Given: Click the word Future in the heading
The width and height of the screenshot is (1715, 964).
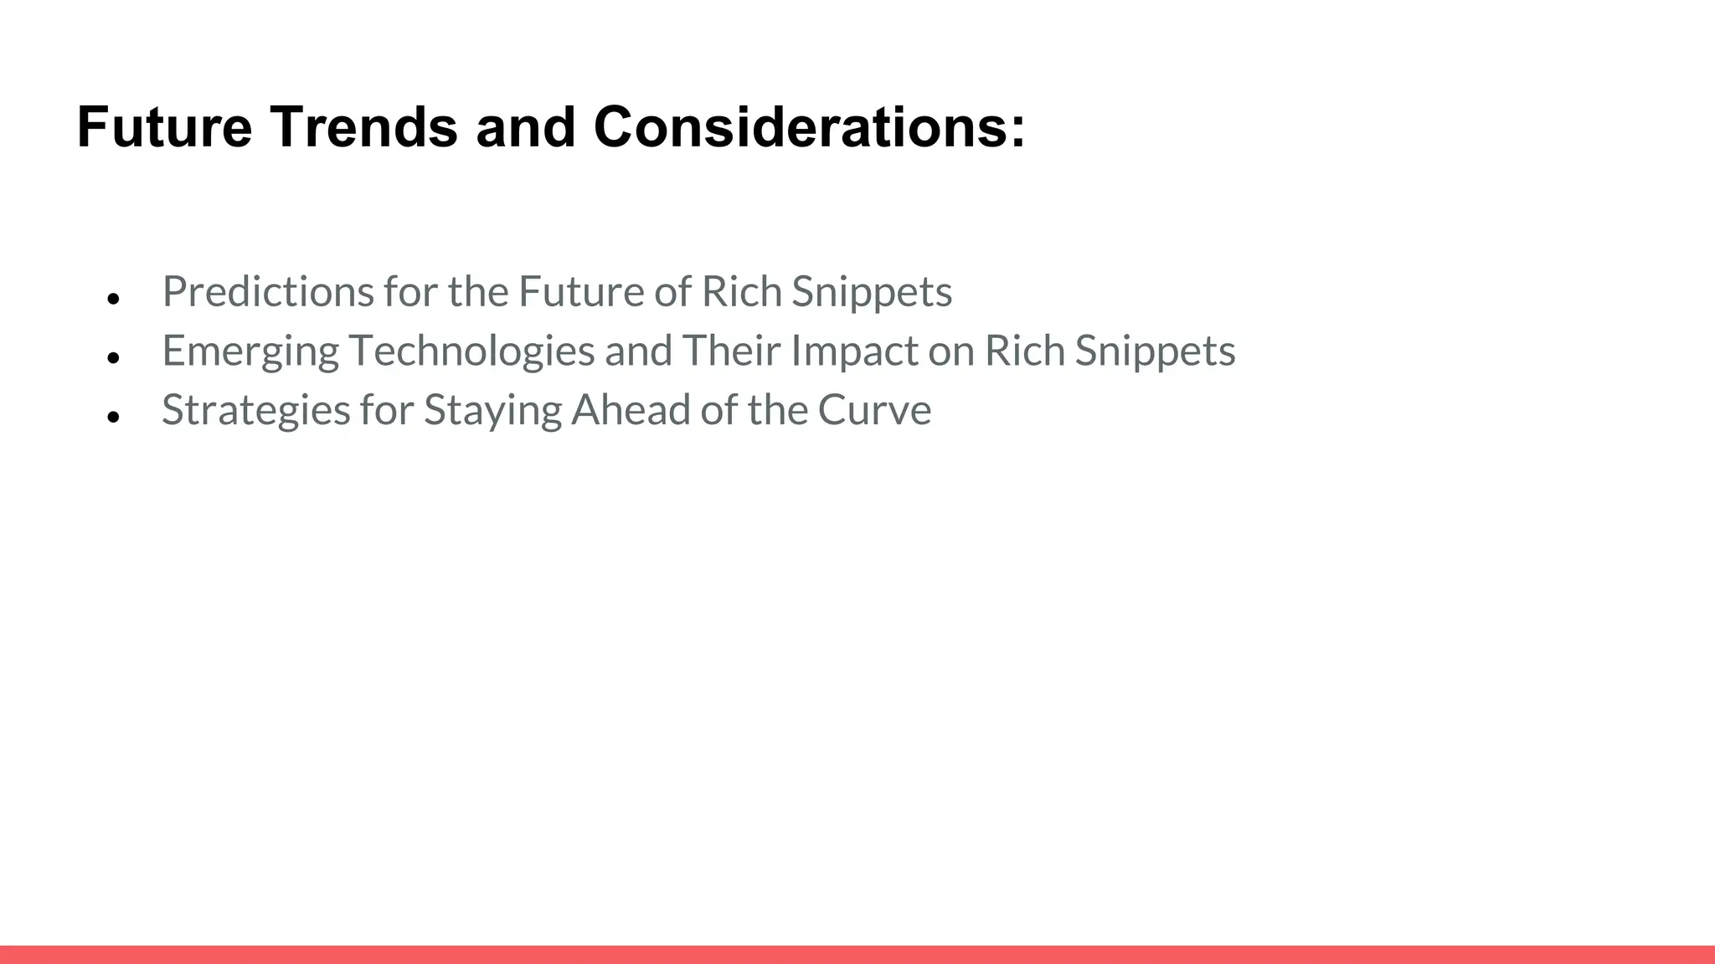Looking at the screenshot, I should tap(164, 128).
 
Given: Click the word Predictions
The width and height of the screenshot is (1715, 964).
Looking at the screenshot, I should tap(268, 292).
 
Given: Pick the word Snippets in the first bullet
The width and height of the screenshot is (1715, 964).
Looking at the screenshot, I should tap(872, 292).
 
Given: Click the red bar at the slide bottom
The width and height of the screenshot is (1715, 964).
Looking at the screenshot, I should tap(857, 954).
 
